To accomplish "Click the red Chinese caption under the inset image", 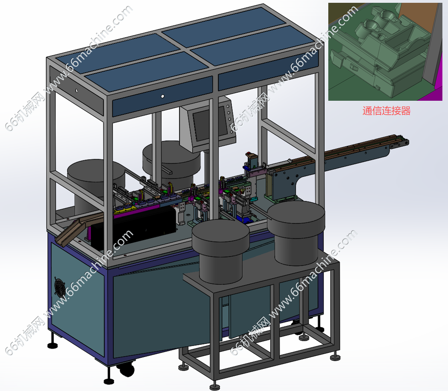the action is tap(386, 111).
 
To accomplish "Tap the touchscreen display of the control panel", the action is tap(205, 125).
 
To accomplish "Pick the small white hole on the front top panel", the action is tap(162, 96).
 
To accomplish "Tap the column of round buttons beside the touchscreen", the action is tap(229, 119).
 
